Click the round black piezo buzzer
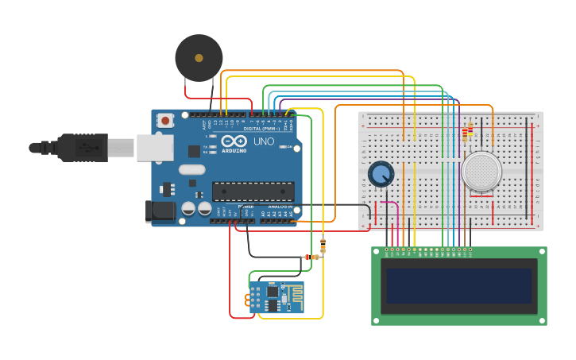(199, 57)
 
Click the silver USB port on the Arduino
(154, 148)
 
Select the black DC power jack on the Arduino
(160, 211)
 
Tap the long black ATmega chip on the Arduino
(253, 191)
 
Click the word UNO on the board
(263, 141)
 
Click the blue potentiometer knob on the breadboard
(381, 174)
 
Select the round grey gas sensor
(481, 171)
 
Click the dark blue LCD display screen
(458, 285)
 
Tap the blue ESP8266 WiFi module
(276, 298)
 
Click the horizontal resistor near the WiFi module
(312, 257)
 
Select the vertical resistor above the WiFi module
(323, 244)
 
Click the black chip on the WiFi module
(273, 292)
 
